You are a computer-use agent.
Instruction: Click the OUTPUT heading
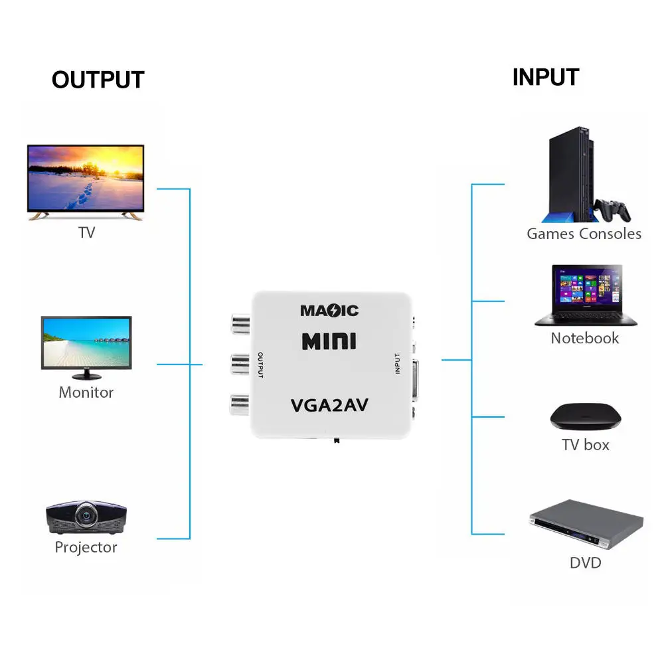click(x=98, y=80)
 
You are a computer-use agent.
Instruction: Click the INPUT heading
click(x=545, y=77)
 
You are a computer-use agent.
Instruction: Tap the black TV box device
click(x=586, y=416)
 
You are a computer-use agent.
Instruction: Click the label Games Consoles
click(x=584, y=234)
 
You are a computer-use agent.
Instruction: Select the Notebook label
click(x=584, y=338)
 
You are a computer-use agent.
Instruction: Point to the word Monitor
click(x=86, y=392)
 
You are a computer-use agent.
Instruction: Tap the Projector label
click(x=86, y=548)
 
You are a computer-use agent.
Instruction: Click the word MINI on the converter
click(x=329, y=341)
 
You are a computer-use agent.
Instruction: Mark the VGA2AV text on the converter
click(x=330, y=404)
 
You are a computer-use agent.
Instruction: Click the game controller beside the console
click(x=612, y=210)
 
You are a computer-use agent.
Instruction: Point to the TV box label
click(x=586, y=445)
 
